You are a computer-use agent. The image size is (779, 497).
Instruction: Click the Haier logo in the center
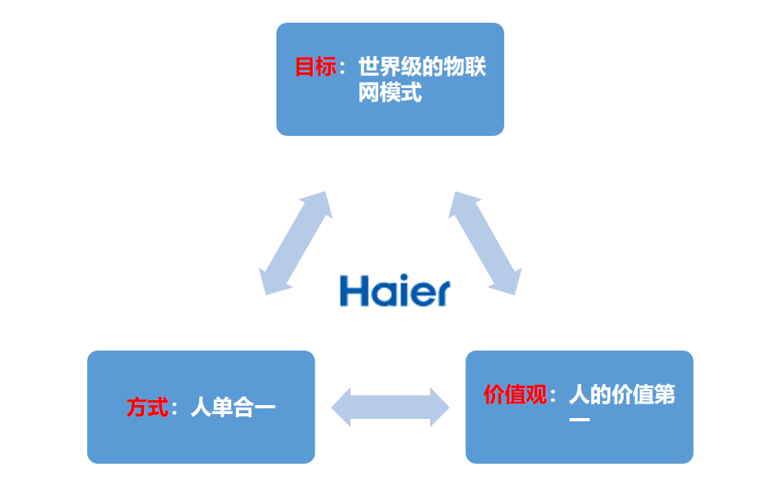pyautogui.click(x=394, y=290)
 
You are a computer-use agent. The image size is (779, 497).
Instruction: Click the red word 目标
pyautogui.click(x=316, y=67)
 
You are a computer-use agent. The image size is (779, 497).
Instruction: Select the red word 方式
pyautogui.click(x=147, y=407)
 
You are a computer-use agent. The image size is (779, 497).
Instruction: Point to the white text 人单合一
pyautogui.click(x=233, y=407)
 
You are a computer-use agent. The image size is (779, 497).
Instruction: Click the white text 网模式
pyautogui.click(x=390, y=93)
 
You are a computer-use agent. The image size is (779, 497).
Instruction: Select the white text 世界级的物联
pyautogui.click(x=422, y=67)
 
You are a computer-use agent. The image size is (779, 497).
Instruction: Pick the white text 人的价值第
pyautogui.click(x=622, y=395)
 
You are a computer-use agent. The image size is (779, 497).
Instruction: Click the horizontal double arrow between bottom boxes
pyautogui.click(x=390, y=407)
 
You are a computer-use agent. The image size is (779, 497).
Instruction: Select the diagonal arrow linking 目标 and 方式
pyautogui.click(x=294, y=242)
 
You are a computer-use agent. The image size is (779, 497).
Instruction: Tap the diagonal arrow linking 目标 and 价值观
pyautogui.click(x=485, y=242)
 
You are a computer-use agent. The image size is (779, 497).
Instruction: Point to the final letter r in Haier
pyautogui.click(x=440, y=293)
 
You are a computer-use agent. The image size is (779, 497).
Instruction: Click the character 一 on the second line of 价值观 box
pyautogui.click(x=578, y=421)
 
